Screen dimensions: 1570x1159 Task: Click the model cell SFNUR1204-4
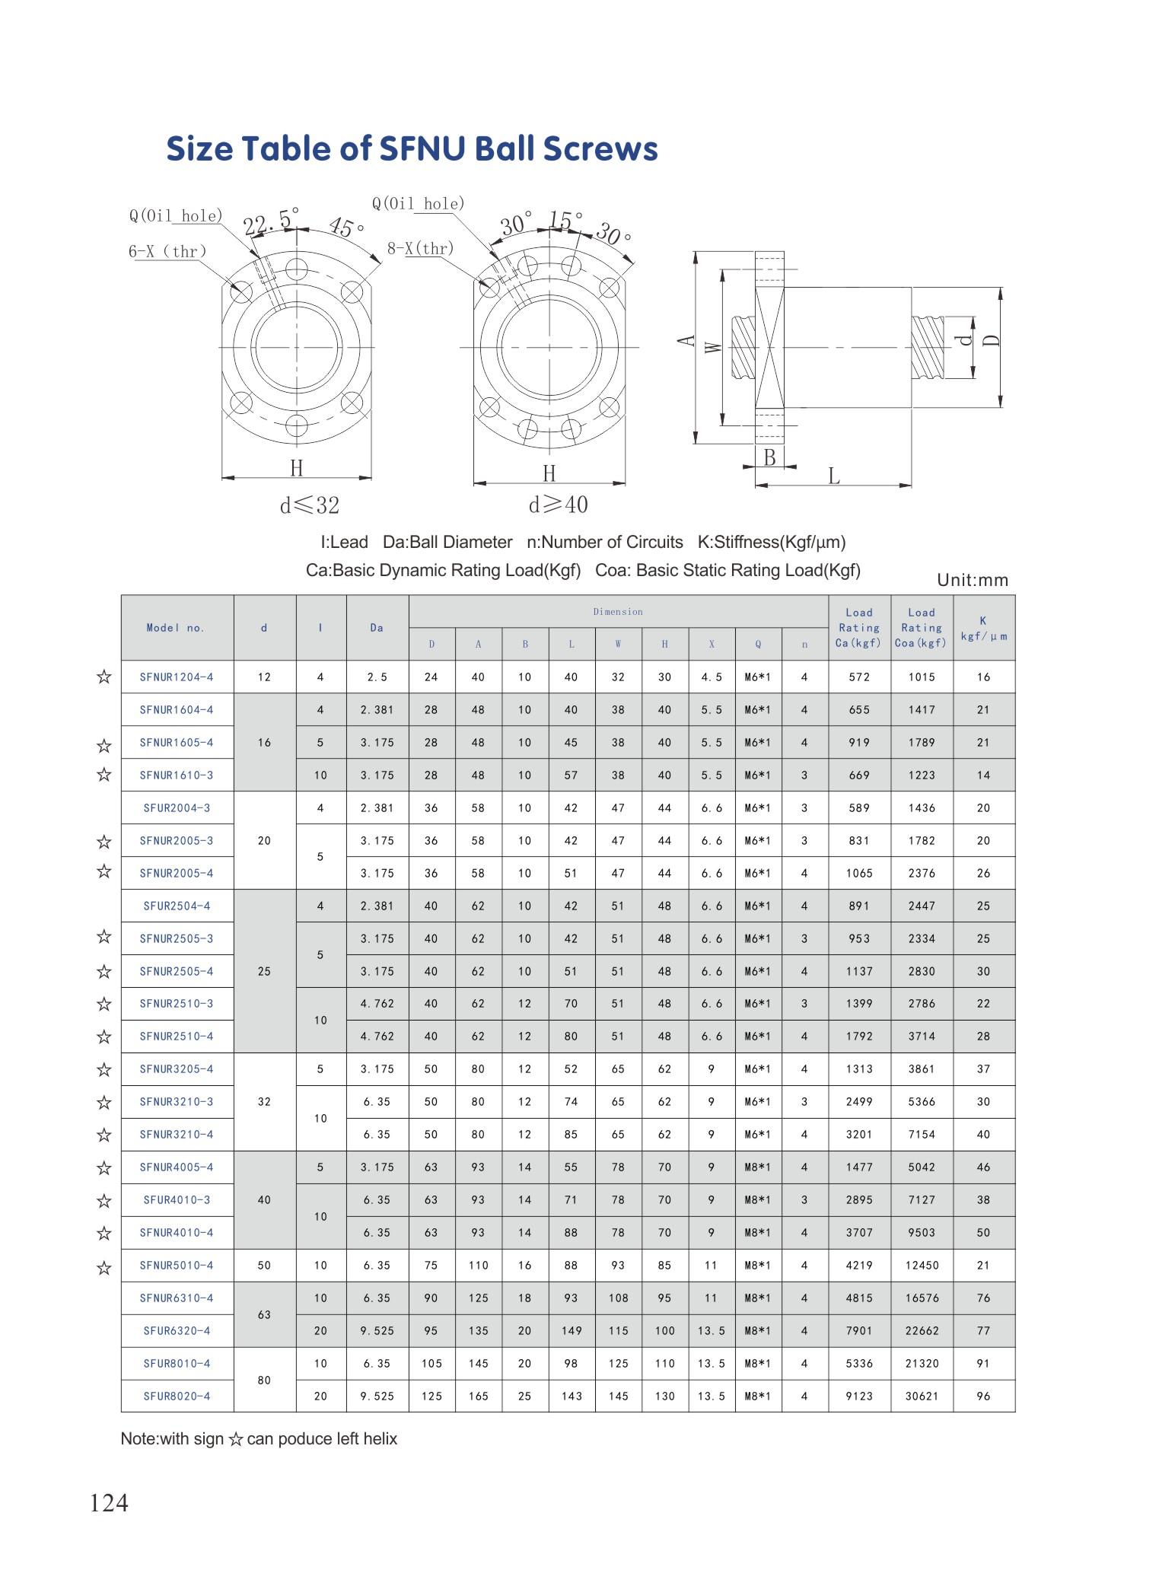pyautogui.click(x=177, y=677)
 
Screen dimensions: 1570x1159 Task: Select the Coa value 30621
pyautogui.click(x=921, y=1396)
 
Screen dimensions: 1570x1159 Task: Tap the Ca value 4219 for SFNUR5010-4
pyautogui.click(x=859, y=1265)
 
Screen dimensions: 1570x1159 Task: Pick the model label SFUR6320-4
pyautogui.click(x=177, y=1330)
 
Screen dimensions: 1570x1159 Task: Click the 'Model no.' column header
pyautogui.click(x=177, y=628)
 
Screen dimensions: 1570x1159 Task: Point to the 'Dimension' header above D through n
pyautogui.click(x=618, y=612)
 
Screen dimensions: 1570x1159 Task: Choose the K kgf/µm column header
pyautogui.click(x=983, y=628)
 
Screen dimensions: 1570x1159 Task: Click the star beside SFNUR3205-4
pyautogui.click(x=104, y=1069)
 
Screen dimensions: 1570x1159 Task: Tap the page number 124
pyautogui.click(x=109, y=1503)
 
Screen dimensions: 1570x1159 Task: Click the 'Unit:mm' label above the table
pyautogui.click(x=973, y=580)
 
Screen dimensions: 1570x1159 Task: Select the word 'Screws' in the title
pyautogui.click(x=600, y=148)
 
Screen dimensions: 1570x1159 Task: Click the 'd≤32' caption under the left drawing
pyautogui.click(x=309, y=505)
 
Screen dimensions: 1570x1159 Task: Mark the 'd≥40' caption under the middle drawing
pyautogui.click(x=558, y=505)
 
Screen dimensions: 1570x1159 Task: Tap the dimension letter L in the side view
pyautogui.click(x=834, y=476)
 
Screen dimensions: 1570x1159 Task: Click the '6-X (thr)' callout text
pyautogui.click(x=167, y=251)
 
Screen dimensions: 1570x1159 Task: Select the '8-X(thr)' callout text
pyautogui.click(x=420, y=248)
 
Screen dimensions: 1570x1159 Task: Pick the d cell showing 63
pyautogui.click(x=264, y=1314)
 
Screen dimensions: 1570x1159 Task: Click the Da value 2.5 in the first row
pyautogui.click(x=377, y=677)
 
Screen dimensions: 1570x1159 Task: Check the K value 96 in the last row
pyautogui.click(x=983, y=1396)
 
